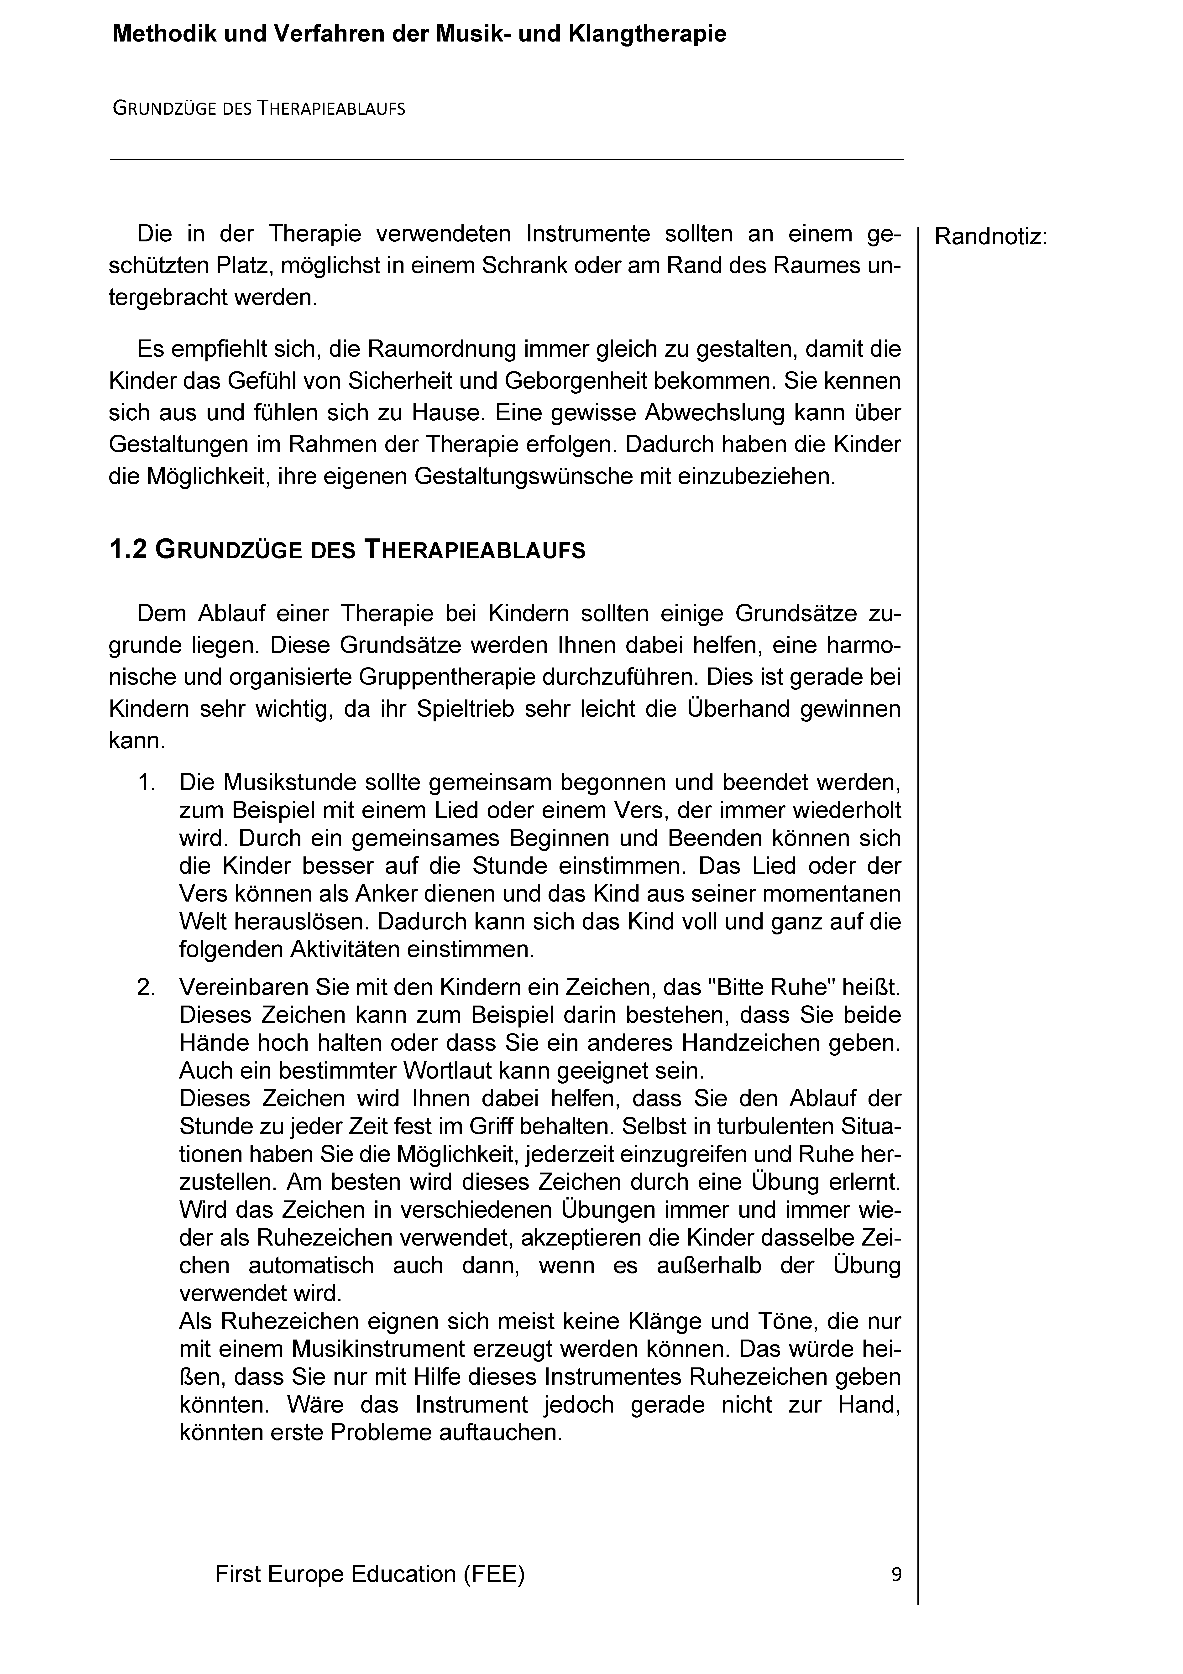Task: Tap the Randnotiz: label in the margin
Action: click(x=990, y=237)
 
